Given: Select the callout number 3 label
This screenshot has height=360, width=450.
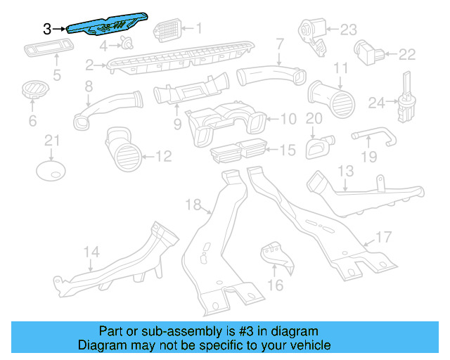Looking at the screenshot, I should [x=47, y=29].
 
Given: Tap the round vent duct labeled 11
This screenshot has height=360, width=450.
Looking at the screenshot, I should [x=330, y=96].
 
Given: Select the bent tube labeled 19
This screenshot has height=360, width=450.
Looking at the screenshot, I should [x=370, y=135].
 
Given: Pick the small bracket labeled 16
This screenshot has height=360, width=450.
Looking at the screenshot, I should [x=275, y=257].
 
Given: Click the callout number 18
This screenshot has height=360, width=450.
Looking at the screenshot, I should [x=193, y=205].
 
